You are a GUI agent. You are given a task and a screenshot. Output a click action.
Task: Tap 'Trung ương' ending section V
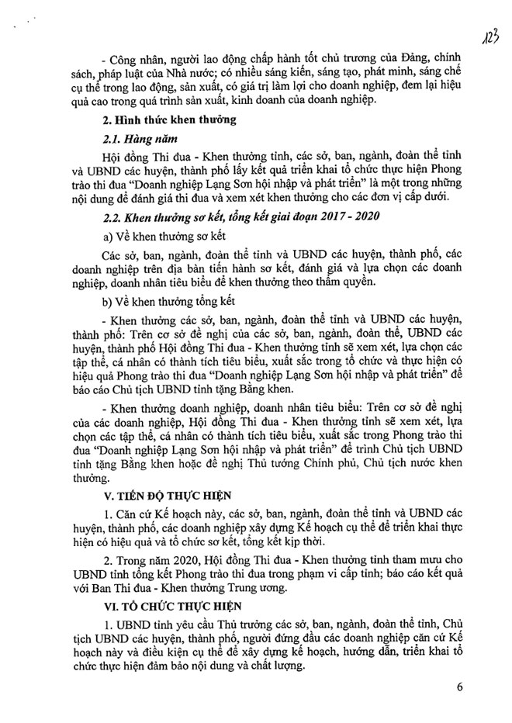(x=259, y=587)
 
